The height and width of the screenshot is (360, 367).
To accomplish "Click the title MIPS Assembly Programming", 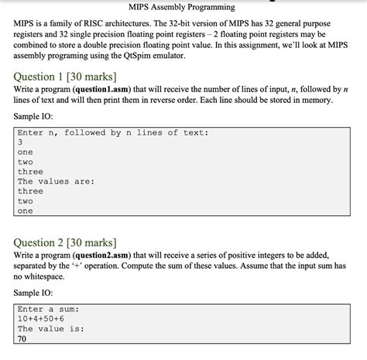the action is click(x=183, y=8).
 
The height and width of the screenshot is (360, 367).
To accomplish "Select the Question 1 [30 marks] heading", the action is click(x=65, y=77).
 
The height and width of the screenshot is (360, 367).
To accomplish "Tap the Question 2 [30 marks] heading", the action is click(x=65, y=242).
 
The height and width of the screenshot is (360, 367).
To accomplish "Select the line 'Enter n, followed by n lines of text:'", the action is click(x=112, y=132).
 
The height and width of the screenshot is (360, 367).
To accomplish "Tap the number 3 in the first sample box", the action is click(x=20, y=142).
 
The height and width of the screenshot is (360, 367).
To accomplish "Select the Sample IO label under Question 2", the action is click(x=36, y=293).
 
